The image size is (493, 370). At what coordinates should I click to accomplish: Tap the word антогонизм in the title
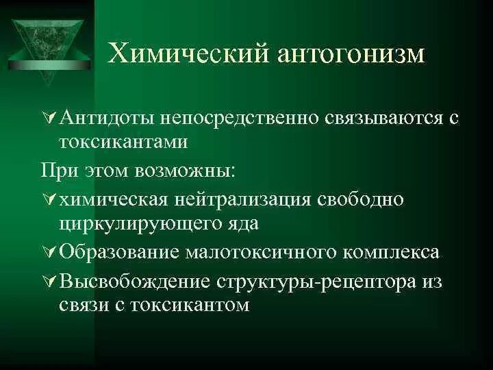pyautogui.click(x=349, y=53)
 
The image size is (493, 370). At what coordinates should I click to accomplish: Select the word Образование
pyautogui.click(x=119, y=251)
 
